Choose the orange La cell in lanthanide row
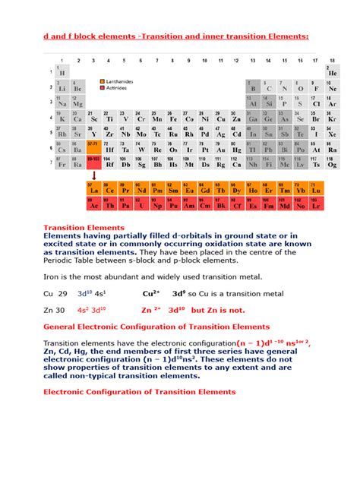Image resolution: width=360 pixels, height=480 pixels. (94, 188)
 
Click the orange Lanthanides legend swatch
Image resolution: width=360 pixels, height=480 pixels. (102, 80)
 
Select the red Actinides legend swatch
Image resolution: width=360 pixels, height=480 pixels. (102, 88)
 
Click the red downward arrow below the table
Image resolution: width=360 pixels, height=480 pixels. (93, 175)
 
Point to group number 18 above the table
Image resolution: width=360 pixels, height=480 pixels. (331, 59)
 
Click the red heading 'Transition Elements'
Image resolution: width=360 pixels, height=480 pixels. (84, 227)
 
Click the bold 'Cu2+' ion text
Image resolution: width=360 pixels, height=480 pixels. (152, 292)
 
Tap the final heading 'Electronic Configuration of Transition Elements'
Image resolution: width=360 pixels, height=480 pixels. (140, 392)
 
